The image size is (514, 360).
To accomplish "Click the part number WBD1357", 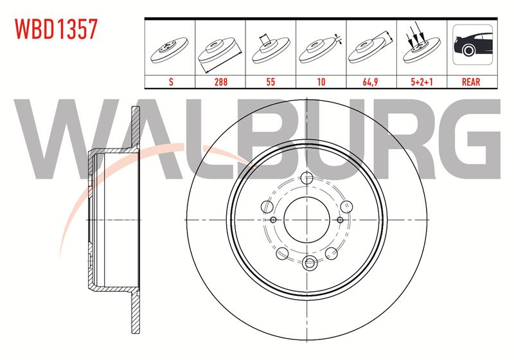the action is coord(56,29).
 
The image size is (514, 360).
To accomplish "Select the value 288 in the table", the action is coord(220,82).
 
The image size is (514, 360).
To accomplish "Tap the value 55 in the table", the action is coord(270,82).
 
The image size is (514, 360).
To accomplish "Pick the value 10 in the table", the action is coord(321,82).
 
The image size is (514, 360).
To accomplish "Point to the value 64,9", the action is coord(371,82).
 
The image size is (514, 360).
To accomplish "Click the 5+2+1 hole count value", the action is coord(422,82).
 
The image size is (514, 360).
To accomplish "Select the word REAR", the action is coord(471,82).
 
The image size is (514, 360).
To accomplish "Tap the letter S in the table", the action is coord(171,82).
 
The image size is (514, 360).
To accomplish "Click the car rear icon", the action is coord(472,44).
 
